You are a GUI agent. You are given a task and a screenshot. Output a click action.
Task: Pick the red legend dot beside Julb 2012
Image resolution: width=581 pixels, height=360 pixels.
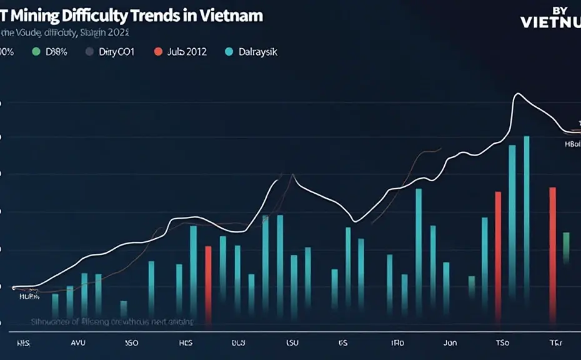coord(157,52)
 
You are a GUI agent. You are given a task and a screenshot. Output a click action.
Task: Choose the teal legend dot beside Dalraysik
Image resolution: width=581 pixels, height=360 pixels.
coord(228,52)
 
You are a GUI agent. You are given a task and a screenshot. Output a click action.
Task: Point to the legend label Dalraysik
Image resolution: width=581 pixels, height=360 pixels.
coord(258,52)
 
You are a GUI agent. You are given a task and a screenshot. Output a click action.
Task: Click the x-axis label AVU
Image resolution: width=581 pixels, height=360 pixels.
coord(78,343)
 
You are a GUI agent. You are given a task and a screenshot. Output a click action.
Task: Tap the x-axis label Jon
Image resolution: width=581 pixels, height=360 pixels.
coord(450,343)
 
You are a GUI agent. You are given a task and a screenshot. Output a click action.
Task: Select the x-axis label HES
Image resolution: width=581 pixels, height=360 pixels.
coord(186,343)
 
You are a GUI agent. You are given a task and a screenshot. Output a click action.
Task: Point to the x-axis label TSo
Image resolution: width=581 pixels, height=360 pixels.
coord(502,343)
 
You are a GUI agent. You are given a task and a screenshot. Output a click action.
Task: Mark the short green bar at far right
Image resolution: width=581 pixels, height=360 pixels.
coord(566,247)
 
